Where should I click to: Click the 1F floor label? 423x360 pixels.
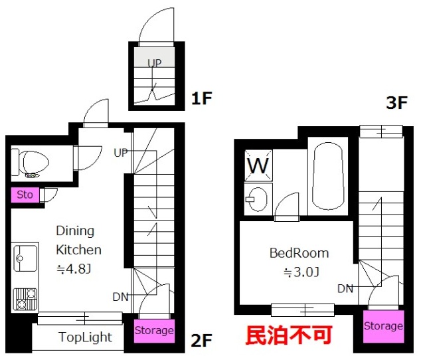click(x=201, y=98)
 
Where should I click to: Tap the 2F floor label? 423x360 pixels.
click(x=201, y=341)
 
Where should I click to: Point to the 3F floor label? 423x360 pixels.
click(x=396, y=102)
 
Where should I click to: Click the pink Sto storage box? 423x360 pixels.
click(x=25, y=195)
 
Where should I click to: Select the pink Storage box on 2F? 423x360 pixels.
click(x=154, y=331)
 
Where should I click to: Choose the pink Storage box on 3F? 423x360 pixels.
click(x=383, y=326)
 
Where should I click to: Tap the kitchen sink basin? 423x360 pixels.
click(x=25, y=258)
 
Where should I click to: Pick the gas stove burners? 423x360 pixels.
click(x=25, y=299)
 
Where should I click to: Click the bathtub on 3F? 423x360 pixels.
click(x=328, y=176)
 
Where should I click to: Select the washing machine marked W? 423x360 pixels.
click(x=258, y=165)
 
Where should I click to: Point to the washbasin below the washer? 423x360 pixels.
click(x=258, y=199)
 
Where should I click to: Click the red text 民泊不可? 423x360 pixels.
click(x=289, y=335)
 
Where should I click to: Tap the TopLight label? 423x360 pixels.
click(x=85, y=337)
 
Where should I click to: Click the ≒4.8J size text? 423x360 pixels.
click(x=73, y=269)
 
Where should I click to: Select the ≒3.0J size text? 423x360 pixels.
click(x=301, y=272)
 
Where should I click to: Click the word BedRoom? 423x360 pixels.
click(x=299, y=253)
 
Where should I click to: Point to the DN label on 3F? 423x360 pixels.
click(x=345, y=289)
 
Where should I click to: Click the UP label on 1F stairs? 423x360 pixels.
click(x=155, y=63)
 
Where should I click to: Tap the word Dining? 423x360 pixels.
click(x=75, y=231)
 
